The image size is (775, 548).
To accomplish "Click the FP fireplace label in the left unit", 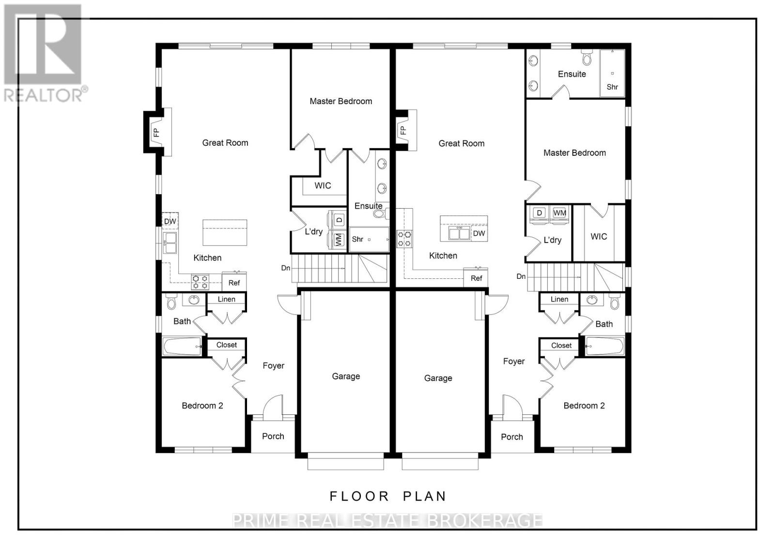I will tap(156, 132).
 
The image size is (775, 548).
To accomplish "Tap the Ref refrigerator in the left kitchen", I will tap(234, 282).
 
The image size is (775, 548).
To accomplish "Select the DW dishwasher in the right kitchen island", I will tap(479, 233).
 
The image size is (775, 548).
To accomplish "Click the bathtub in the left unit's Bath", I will tap(182, 346).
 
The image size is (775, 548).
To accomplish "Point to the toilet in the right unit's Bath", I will tap(614, 302).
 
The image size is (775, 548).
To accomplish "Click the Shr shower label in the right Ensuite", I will tap(612, 87).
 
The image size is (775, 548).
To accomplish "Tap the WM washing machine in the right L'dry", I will tap(559, 213).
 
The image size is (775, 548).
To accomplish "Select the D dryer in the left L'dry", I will tap(339, 219).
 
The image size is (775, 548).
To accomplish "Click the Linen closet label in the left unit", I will tap(226, 299).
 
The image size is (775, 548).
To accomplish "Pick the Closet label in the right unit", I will tap(561, 345).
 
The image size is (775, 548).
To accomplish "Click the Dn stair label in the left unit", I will tap(286, 268).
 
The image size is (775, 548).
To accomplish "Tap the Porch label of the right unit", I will tap(512, 437).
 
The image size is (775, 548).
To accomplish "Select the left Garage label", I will tap(346, 376).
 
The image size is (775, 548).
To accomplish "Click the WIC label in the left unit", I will tap(323, 185).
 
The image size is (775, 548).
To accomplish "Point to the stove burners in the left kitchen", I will tap(200, 282).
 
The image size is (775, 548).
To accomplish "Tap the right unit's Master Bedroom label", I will tap(574, 153).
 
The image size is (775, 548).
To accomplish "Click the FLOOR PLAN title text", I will tap(387, 496).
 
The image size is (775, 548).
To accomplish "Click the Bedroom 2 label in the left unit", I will tap(202, 406).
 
